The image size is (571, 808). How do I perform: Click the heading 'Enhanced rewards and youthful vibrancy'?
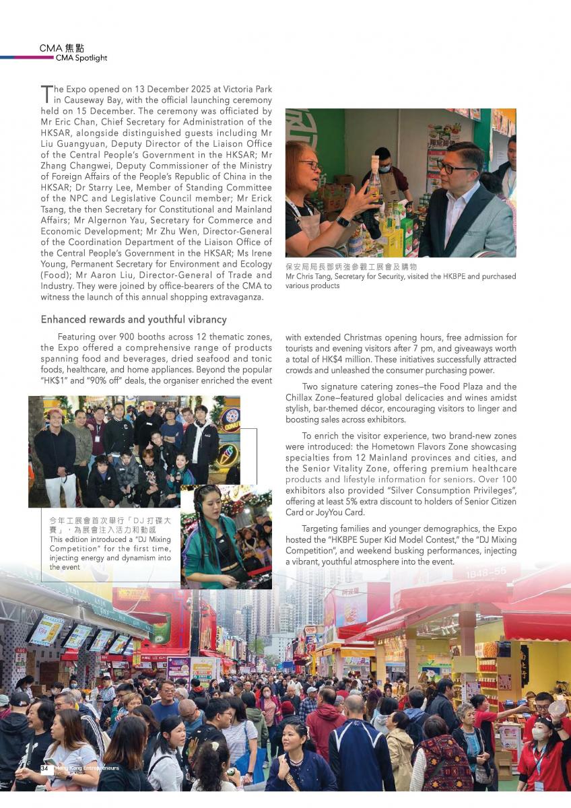click(x=133, y=319)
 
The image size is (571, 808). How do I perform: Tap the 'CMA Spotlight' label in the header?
click(x=81, y=58)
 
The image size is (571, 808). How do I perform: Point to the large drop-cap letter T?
click(x=46, y=94)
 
